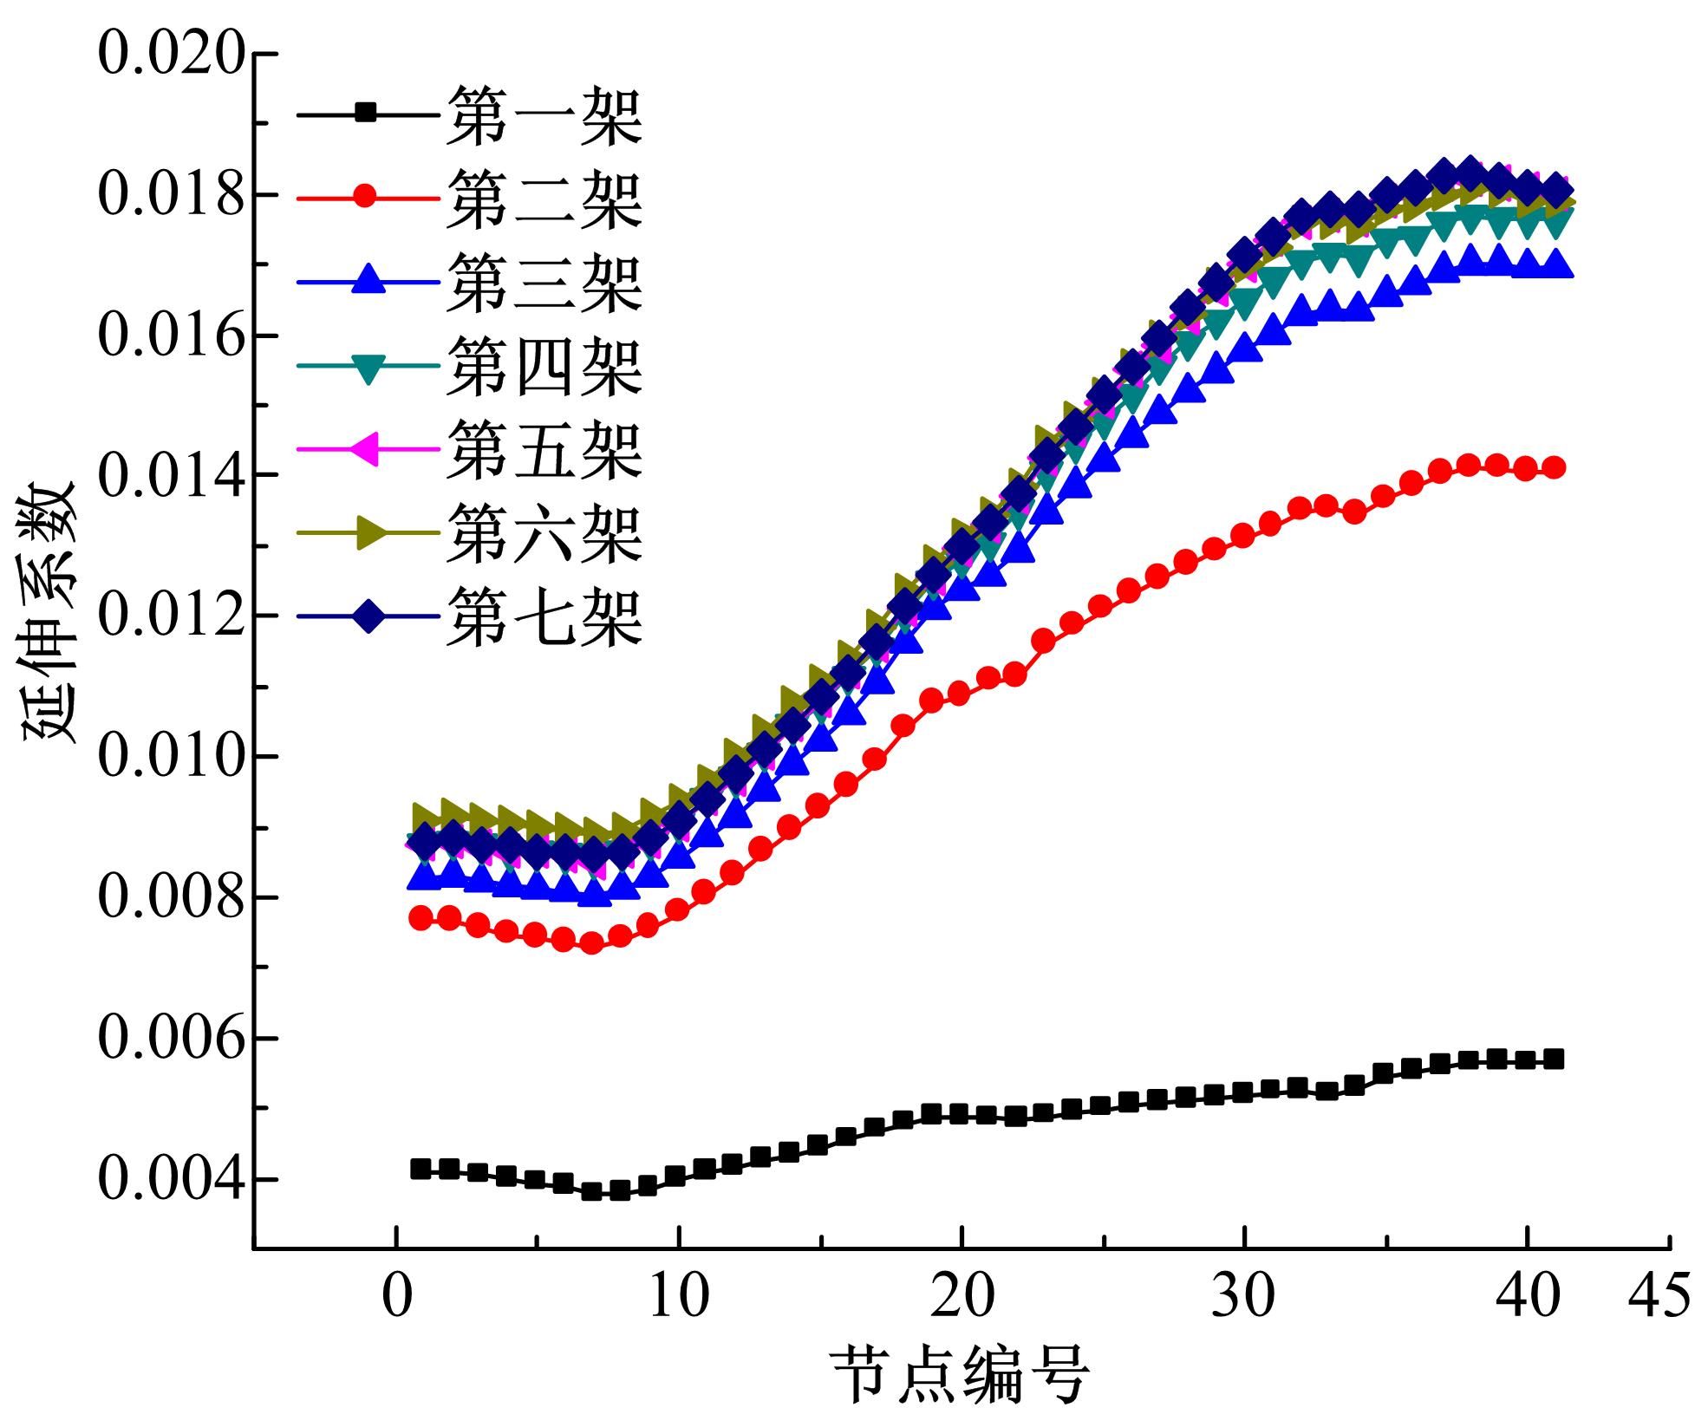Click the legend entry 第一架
(x=544, y=114)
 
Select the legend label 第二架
(x=544, y=198)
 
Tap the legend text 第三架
(x=544, y=282)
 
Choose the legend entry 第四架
(x=544, y=366)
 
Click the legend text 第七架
(x=544, y=617)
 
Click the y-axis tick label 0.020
(x=168, y=54)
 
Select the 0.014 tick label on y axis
(x=168, y=476)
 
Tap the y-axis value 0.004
(x=168, y=1179)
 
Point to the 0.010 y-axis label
(x=168, y=757)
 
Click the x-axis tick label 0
(x=396, y=1297)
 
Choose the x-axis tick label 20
(x=962, y=1297)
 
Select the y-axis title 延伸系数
(x=49, y=612)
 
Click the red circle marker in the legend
(x=367, y=198)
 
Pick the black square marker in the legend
(x=367, y=113)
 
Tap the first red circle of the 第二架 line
(x=421, y=918)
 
